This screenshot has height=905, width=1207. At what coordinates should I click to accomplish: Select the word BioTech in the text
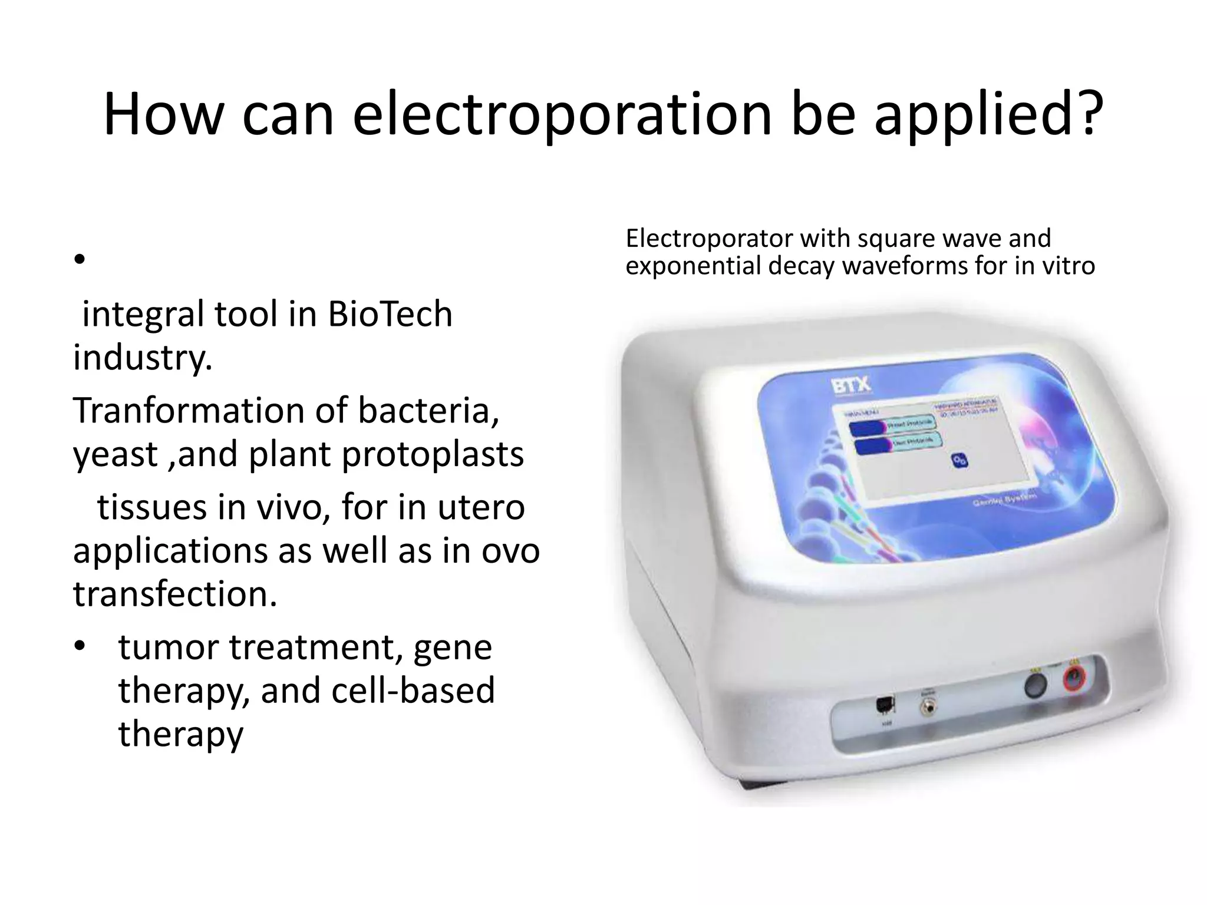coord(390,313)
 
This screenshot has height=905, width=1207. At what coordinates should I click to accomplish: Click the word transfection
coord(174,594)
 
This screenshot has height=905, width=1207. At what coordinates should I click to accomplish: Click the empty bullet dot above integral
coord(80,259)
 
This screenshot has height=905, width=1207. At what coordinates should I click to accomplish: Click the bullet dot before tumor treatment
coord(80,647)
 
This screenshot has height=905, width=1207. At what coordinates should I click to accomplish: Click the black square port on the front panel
coord(885,705)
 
